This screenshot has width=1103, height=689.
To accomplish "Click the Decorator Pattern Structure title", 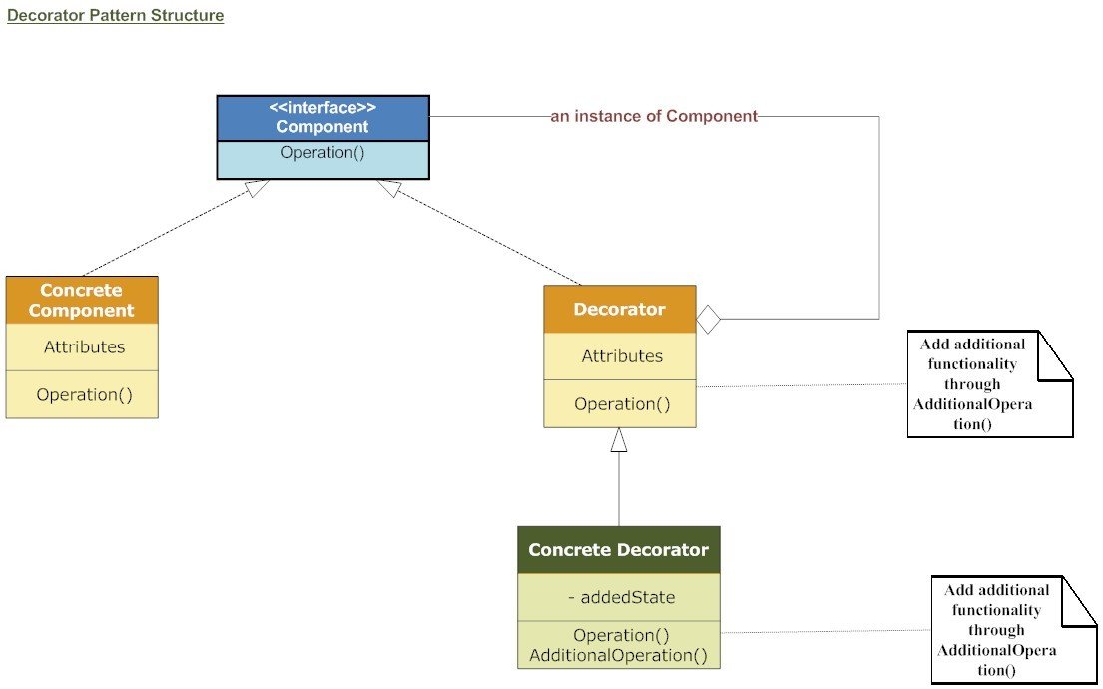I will pyautogui.click(x=115, y=16).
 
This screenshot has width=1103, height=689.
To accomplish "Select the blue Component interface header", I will pyautogui.click(x=322, y=118).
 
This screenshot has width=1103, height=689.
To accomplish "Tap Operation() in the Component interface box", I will pyautogui.click(x=322, y=153).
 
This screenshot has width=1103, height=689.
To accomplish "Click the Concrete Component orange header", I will pyautogui.click(x=82, y=300).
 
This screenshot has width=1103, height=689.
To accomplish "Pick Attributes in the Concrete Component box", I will pyautogui.click(x=84, y=347).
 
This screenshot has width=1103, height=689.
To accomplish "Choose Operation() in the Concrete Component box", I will pyautogui.click(x=84, y=394).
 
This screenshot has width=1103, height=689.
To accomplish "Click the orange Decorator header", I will pyautogui.click(x=619, y=309).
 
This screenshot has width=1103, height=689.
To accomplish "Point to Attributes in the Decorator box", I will pyautogui.click(x=622, y=356).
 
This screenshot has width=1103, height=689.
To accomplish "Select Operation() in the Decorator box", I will pyautogui.click(x=622, y=404).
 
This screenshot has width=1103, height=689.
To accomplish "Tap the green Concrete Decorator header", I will pyautogui.click(x=618, y=550).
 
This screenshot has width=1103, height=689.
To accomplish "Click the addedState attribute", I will pyautogui.click(x=621, y=597).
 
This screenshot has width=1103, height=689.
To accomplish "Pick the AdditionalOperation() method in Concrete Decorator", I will pyautogui.click(x=618, y=656).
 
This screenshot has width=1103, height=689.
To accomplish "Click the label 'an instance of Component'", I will pyautogui.click(x=654, y=116).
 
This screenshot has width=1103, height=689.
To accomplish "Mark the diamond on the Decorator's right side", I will pyautogui.click(x=708, y=320).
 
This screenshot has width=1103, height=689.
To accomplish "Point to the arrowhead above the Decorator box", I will pyautogui.click(x=619, y=437).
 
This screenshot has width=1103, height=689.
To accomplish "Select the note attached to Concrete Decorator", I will pyautogui.click(x=1010, y=630).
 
